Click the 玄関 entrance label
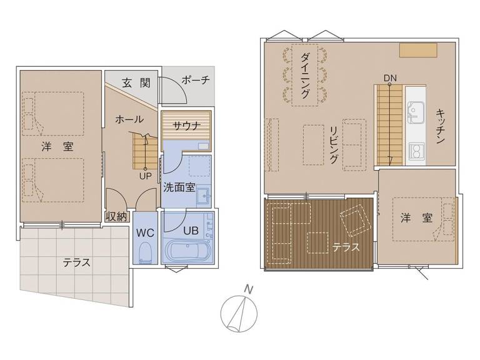(136, 82)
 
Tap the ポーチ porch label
(196, 80)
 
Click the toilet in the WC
(145, 253)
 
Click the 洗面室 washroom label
(179, 187)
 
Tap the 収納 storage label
(116, 217)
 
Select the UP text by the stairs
(146, 176)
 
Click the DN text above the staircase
(390, 78)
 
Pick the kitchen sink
(416, 112)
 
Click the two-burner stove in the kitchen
(417, 151)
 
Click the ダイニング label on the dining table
(305, 75)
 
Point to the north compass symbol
(239, 314)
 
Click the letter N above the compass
(249, 289)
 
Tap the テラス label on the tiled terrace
(76, 262)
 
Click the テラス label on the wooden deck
(346, 247)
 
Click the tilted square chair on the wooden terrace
(356, 221)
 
